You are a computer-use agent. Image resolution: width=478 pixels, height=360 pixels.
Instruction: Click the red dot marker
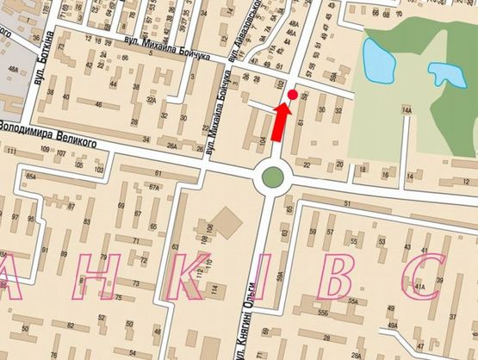coord(292,93)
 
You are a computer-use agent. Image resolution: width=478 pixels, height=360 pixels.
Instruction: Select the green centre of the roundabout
coord(272,177)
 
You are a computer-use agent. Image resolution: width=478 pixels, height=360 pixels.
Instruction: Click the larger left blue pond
coord(376,59)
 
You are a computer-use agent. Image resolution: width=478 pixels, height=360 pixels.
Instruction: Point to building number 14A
coord(407,110)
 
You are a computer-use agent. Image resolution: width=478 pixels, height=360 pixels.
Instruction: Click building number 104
coord(263,138)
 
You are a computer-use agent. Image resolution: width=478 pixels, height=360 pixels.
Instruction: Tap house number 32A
coord(151,101)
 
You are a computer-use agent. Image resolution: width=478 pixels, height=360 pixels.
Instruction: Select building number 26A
coord(172,145)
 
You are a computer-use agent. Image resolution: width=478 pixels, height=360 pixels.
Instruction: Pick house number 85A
coord(31,177)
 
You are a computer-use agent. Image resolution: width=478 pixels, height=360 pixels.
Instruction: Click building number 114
coord(214,288)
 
